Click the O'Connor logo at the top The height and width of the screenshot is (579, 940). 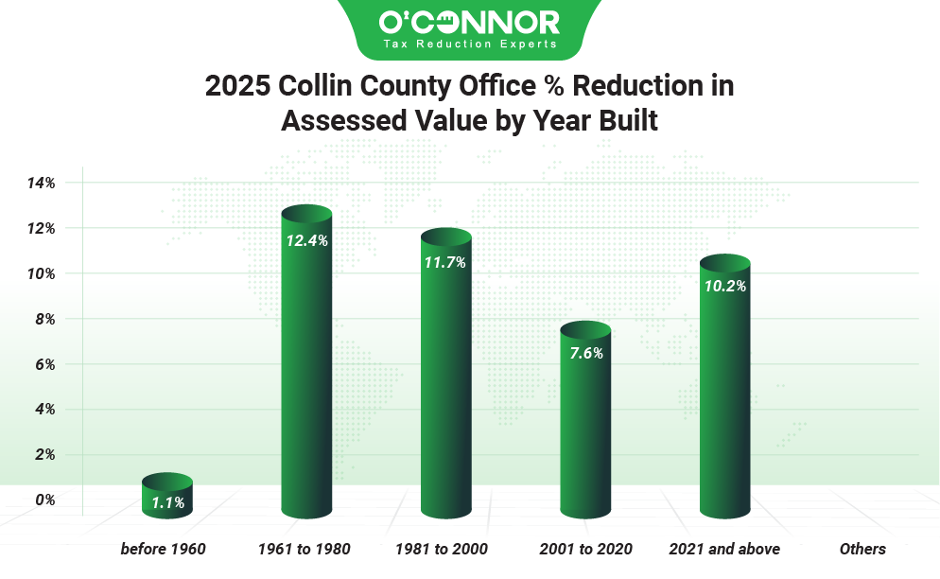click(x=469, y=22)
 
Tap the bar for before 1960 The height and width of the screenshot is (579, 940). click(x=167, y=497)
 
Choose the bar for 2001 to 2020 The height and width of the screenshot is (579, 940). click(x=585, y=426)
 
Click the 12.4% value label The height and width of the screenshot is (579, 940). click(x=306, y=241)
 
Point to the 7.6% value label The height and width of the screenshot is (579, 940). click(x=585, y=354)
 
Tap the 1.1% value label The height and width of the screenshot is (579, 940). click(x=167, y=502)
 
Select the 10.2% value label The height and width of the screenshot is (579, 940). click(x=724, y=286)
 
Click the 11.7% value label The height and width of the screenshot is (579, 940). click(x=445, y=263)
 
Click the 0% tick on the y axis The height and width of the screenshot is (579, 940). click(x=45, y=500)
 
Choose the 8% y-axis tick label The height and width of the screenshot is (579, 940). click(x=45, y=319)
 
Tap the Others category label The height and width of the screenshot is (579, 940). click(x=862, y=549)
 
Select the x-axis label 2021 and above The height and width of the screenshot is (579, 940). click(x=724, y=549)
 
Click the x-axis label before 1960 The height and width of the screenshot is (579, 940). click(x=164, y=549)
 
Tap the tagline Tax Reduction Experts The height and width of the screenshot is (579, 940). click(x=469, y=44)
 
